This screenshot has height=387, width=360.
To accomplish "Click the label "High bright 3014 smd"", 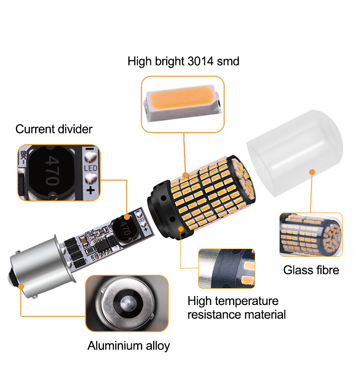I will [183, 61].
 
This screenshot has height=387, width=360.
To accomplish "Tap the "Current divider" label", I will [54, 129].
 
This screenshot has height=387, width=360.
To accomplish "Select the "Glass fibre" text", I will [311, 270].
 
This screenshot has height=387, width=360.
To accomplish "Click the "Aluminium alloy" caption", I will [129, 346].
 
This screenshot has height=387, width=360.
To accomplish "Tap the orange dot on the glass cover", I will [312, 172].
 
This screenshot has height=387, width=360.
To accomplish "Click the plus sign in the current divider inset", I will [90, 190].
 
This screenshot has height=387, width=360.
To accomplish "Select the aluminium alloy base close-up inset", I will [127, 303].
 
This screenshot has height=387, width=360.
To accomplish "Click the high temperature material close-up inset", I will [226, 269].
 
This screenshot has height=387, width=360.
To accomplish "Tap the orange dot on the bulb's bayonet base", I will [21, 286].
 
